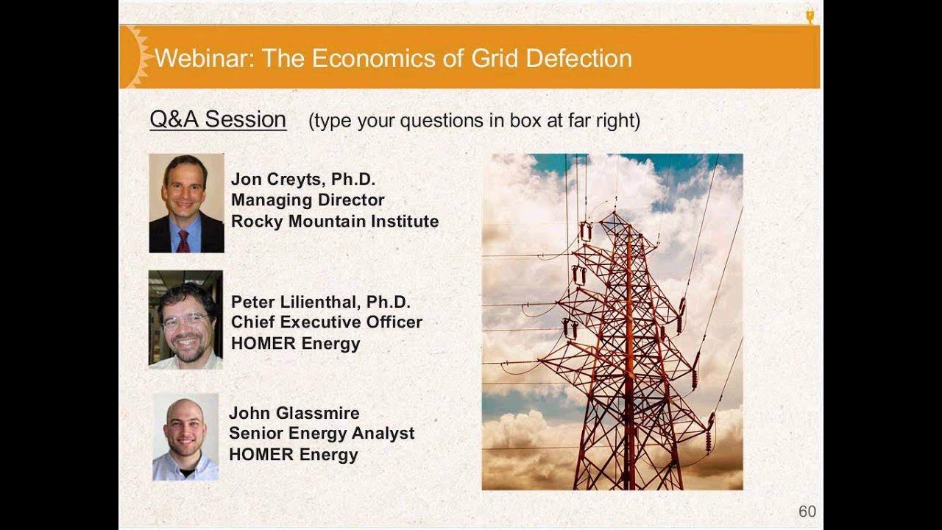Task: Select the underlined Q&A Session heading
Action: [218, 119]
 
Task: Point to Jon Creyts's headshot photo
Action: [186, 203]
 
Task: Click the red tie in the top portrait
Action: [183, 241]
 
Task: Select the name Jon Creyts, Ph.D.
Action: [302, 179]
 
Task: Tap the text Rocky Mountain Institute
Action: [335, 221]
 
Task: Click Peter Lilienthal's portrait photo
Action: [185, 319]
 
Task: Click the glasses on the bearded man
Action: [185, 319]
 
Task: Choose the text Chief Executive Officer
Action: [326, 322]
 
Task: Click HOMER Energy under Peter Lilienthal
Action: [295, 344]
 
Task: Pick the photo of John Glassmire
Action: [185, 437]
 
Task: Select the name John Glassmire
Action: [294, 413]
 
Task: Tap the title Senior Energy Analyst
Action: [321, 434]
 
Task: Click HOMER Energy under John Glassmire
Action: [293, 455]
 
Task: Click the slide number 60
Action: [807, 512]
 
